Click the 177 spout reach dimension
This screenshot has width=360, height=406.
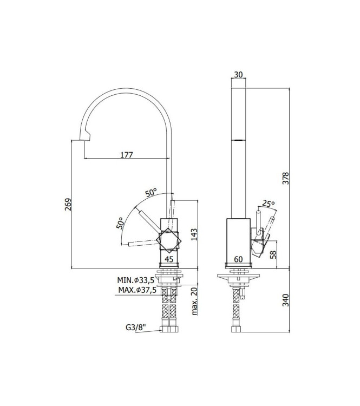coord(126,155)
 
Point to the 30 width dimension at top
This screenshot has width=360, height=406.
coord(239,75)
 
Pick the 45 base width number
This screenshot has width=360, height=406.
coord(168,259)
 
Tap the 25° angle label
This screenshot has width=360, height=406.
coord(269,204)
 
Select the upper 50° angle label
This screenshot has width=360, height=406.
coord(150,192)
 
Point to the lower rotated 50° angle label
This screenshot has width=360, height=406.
coord(120,222)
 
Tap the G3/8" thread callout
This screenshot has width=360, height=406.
coord(135,328)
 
